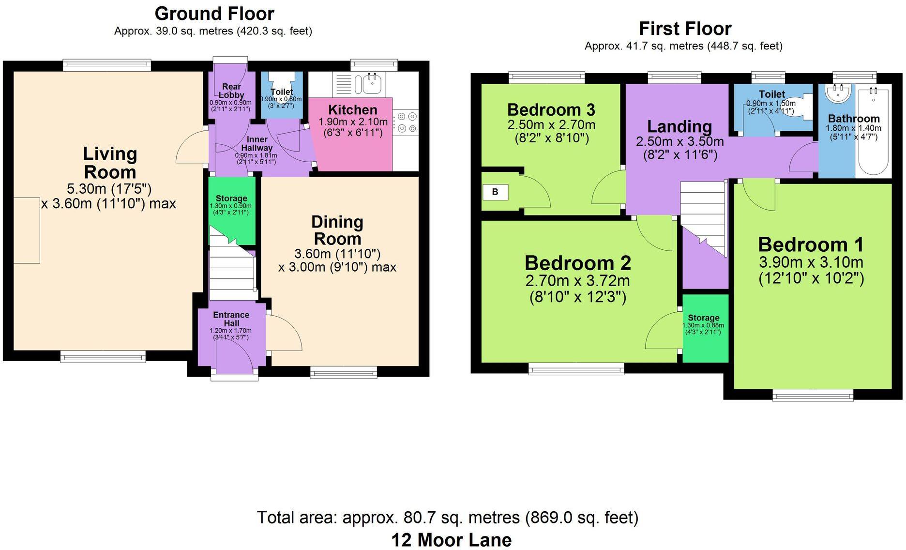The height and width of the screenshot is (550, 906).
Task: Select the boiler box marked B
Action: point(495,192)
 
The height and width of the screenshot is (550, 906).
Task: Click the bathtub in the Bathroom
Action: point(873,131)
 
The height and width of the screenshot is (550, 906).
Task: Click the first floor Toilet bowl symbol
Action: point(806,107)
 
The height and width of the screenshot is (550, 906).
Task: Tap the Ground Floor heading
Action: point(214,14)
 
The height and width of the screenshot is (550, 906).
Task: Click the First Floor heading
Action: point(684,29)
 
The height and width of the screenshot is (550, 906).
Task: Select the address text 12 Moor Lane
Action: point(451,540)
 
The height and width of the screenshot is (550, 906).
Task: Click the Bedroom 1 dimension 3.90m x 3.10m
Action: point(811,262)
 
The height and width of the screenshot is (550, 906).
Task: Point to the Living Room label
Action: point(110,163)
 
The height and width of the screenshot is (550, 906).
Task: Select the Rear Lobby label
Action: point(231,91)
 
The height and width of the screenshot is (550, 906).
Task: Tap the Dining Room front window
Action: point(343,372)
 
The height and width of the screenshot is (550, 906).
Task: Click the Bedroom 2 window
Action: point(576,370)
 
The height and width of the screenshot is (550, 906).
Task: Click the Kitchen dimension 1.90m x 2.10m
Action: point(353,122)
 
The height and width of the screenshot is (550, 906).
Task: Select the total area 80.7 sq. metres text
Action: point(447,518)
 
